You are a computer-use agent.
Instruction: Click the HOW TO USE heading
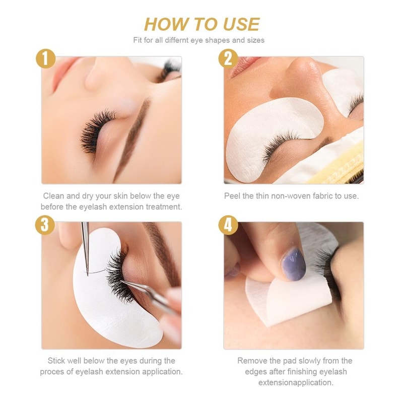point(201,24)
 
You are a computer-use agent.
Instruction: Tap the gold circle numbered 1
point(46,59)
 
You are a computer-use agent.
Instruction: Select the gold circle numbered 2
point(228,59)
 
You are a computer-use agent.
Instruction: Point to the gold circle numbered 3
point(46,225)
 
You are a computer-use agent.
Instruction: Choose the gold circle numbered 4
point(228,225)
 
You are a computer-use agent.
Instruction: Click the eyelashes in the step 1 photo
point(93,128)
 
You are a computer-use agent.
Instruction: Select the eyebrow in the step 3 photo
point(161,247)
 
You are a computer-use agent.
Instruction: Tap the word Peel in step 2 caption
point(232,196)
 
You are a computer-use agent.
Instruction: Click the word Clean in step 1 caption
point(53,196)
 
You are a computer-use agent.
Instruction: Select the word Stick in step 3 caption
point(56,361)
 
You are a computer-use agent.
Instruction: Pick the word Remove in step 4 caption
point(251,361)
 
